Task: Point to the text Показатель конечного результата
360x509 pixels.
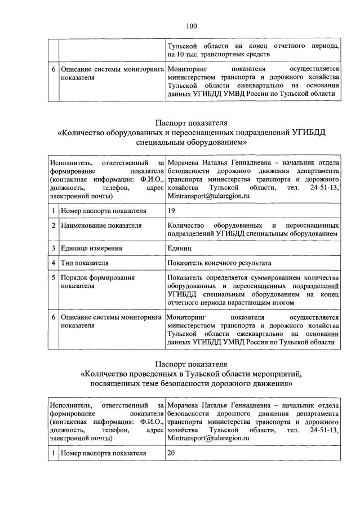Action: pyautogui.click(x=219, y=263)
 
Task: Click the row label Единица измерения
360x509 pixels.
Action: pyautogui.click(x=91, y=248)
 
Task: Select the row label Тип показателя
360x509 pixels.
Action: pyautogui.click(x=85, y=263)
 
